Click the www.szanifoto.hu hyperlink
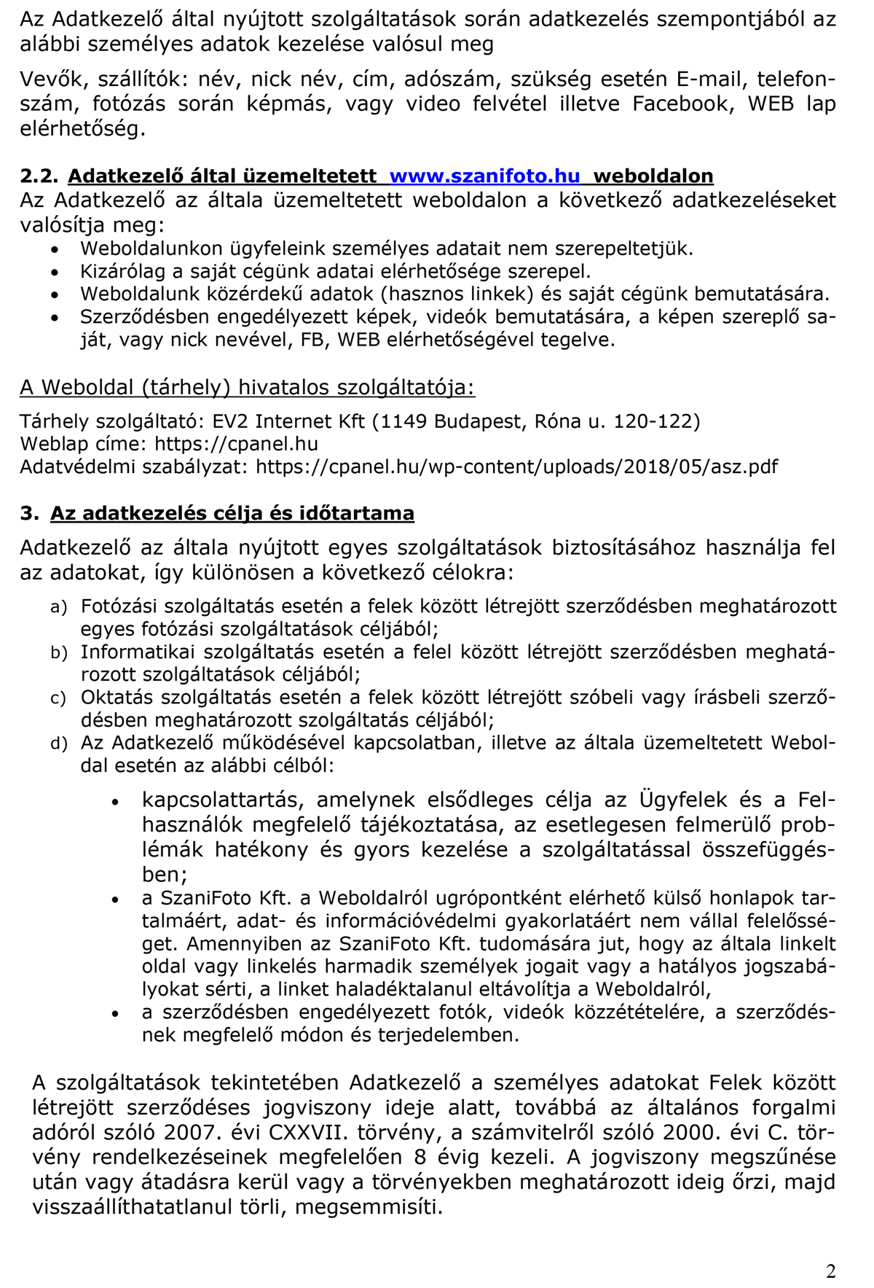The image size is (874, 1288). click(484, 176)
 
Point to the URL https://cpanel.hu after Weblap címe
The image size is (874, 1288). click(236, 444)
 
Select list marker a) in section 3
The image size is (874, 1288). click(58, 607)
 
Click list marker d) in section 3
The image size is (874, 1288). click(58, 743)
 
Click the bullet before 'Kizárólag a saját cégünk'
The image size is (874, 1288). click(56, 273)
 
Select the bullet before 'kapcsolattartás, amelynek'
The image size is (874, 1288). click(114, 801)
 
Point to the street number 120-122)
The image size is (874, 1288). click(657, 421)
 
